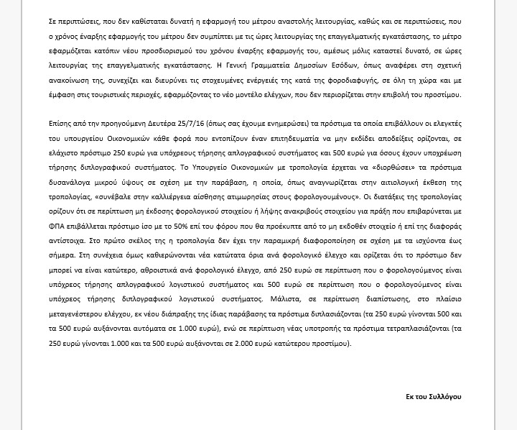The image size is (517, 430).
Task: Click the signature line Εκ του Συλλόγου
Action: coord(432,397)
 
